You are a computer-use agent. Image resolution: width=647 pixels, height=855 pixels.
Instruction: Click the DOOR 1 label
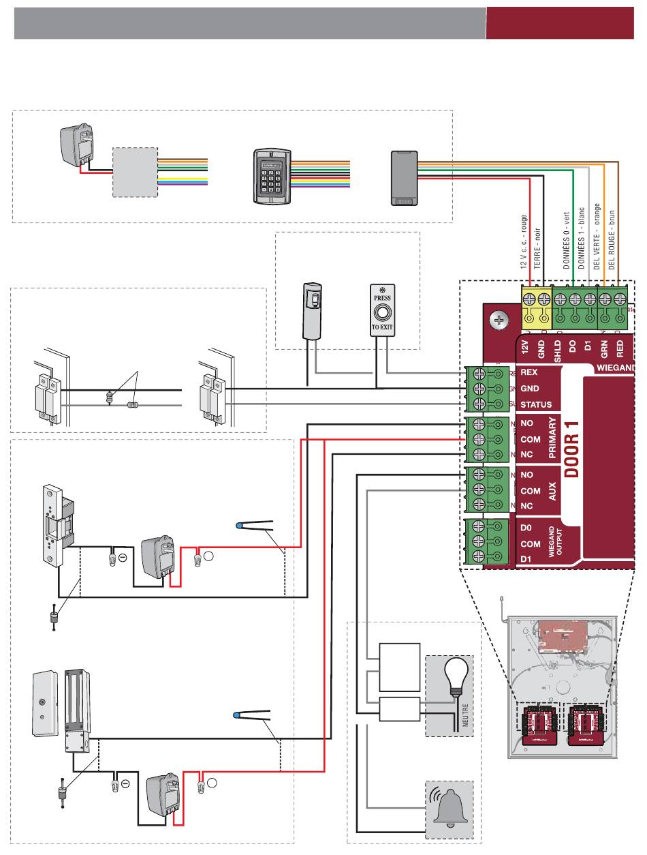[x=571, y=451]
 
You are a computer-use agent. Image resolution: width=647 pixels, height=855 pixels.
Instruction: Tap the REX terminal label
[x=529, y=373]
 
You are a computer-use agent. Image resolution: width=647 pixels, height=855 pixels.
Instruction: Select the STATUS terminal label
[x=535, y=404]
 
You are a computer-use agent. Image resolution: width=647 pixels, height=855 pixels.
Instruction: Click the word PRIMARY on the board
[x=552, y=439]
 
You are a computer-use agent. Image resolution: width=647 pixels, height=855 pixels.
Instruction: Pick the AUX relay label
[x=552, y=491]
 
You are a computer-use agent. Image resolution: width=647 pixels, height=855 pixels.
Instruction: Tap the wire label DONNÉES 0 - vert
[x=567, y=241]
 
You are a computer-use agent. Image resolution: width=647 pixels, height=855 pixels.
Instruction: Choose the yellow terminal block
[x=535, y=305]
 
